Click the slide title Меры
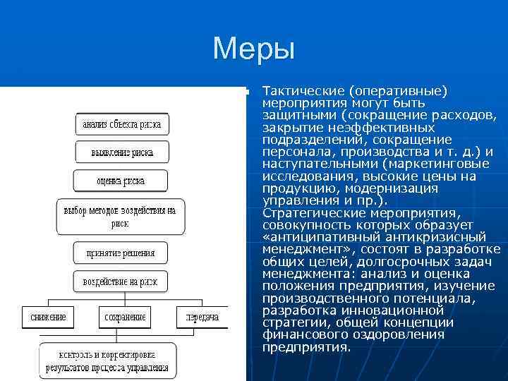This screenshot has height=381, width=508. pos(253,49)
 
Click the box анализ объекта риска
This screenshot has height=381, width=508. pos(121,125)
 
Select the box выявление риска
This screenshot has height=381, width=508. pos(121,152)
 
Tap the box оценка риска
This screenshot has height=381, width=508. pos(121,181)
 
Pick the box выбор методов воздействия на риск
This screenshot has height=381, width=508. pos(120,217)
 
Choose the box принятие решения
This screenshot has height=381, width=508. pos(121,253)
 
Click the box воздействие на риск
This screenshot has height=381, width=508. pos(121,282)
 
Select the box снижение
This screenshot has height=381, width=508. pos(48,317)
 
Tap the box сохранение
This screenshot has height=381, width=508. pos(126,317)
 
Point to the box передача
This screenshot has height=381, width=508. pos(202,317)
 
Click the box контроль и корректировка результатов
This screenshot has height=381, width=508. pos(107,361)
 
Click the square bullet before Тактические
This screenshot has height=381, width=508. pos(241,92)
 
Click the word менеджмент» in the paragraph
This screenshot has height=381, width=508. pos(302,249)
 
